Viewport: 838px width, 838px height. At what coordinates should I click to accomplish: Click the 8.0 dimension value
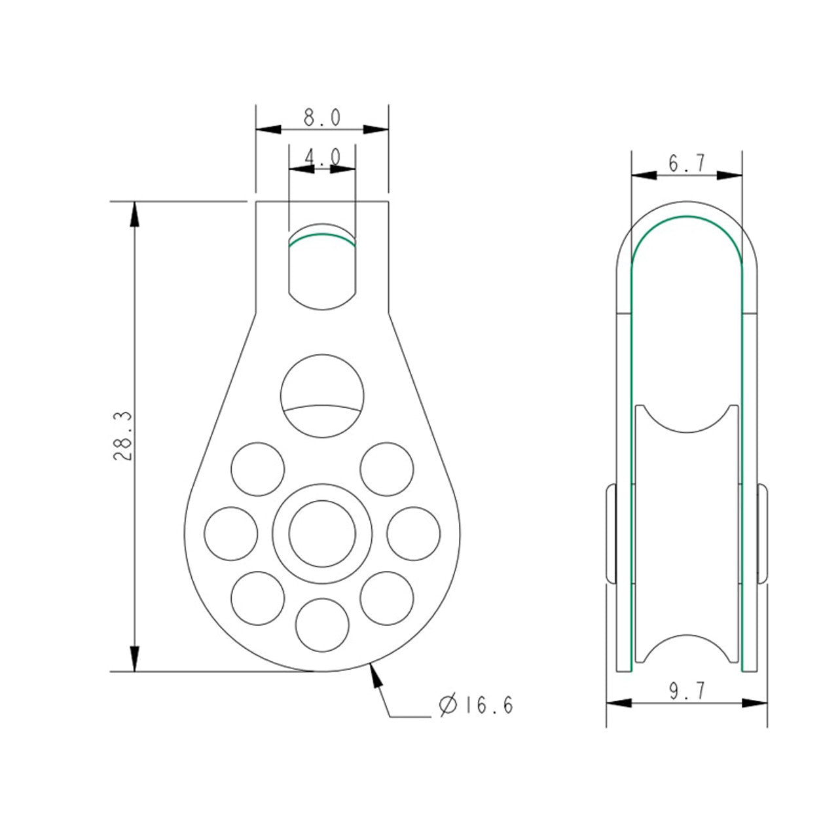pyautogui.click(x=322, y=117)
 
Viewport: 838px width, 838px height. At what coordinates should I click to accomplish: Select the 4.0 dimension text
pyautogui.click(x=322, y=156)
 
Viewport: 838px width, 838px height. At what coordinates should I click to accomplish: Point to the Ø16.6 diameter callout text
pyautogui.click(x=476, y=705)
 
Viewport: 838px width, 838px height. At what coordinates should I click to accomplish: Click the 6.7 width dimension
pyautogui.click(x=687, y=163)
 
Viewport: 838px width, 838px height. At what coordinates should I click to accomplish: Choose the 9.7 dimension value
pyautogui.click(x=687, y=691)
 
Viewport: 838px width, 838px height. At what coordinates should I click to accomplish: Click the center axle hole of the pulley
pyautogui.click(x=322, y=534)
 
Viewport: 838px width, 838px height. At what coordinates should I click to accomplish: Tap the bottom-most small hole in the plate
pyautogui.click(x=322, y=625)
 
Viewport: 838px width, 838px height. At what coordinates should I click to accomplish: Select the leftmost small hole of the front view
pyautogui.click(x=231, y=534)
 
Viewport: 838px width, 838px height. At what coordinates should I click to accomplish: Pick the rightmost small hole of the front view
pyautogui.click(x=414, y=534)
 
